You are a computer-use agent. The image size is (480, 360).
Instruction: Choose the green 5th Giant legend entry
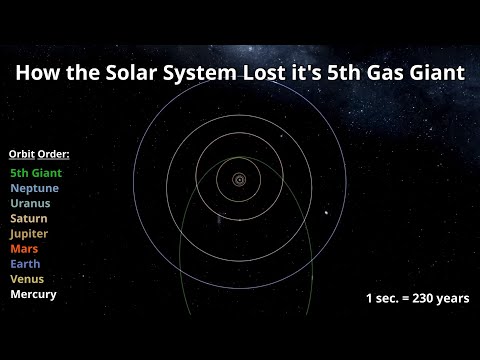(36, 173)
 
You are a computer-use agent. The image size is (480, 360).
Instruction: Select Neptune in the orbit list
(34, 188)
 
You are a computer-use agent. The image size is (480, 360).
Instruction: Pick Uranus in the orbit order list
(30, 203)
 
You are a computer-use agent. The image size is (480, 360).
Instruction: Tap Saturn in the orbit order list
(29, 218)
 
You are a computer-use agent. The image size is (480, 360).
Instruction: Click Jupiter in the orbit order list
(29, 233)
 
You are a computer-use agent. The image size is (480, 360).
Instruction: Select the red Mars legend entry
(25, 249)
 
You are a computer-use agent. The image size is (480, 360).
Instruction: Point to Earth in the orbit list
(25, 264)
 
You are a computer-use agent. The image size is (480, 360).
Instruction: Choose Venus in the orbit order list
(27, 279)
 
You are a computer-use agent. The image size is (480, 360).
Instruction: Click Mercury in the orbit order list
(33, 295)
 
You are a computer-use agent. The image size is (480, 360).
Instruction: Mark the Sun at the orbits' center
(240, 180)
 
